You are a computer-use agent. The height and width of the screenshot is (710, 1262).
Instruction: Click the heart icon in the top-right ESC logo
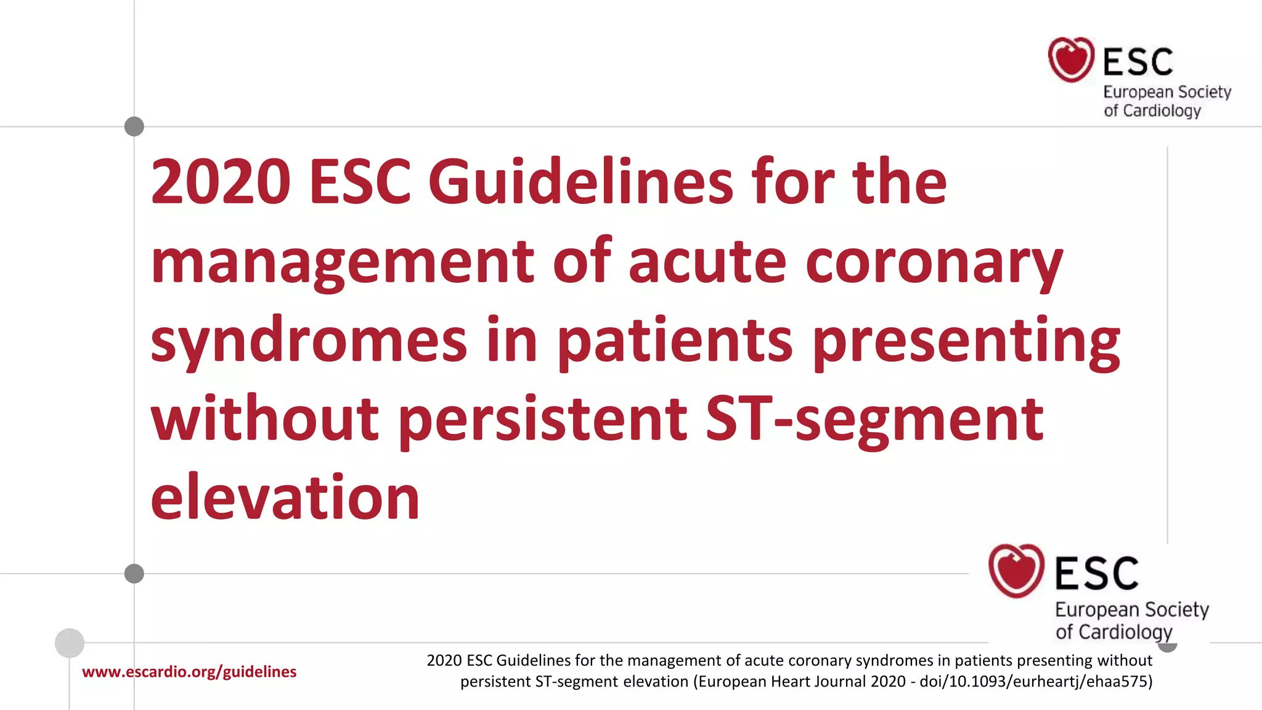pyautogui.click(x=1071, y=60)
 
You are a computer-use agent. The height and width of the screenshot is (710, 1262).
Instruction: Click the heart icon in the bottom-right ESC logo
pyautogui.click(x=1016, y=571)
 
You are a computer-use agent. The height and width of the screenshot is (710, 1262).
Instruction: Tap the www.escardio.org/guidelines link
pyautogui.click(x=189, y=672)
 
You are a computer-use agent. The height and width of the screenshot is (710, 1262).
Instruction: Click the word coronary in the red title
pyautogui.click(x=934, y=262)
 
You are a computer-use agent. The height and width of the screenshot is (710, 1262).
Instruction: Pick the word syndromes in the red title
pyautogui.click(x=309, y=341)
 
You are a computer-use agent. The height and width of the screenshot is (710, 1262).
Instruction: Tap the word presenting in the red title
pyautogui.click(x=966, y=341)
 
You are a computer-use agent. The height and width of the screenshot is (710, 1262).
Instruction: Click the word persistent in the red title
pyautogui.click(x=542, y=420)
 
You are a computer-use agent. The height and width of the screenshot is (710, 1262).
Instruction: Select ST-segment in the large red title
pyautogui.click(x=874, y=420)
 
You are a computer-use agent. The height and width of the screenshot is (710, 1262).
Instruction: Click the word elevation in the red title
pyautogui.click(x=285, y=497)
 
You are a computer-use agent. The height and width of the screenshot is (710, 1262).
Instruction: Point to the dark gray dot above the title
pyautogui.click(x=134, y=126)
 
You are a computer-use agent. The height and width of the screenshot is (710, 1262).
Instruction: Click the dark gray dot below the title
pyautogui.click(x=134, y=574)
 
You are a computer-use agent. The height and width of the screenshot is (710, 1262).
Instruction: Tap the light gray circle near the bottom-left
pyautogui.click(x=70, y=643)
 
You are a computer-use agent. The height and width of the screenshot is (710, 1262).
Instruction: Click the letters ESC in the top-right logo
pyautogui.click(x=1138, y=62)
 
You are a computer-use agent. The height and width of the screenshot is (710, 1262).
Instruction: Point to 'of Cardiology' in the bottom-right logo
pyautogui.click(x=1113, y=632)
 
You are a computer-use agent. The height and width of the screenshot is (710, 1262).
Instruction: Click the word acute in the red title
pyautogui.click(x=707, y=262)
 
